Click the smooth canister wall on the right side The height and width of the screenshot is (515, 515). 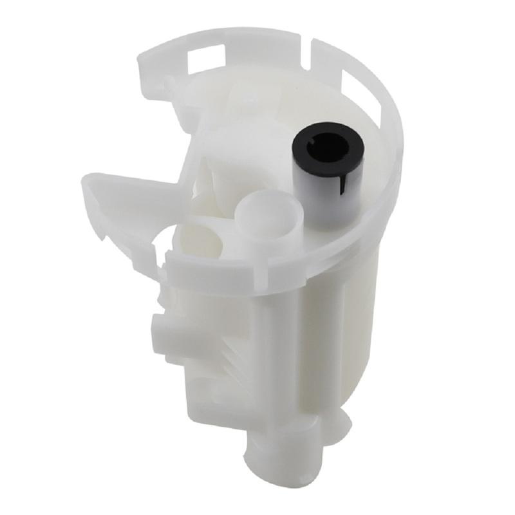tap(341, 335)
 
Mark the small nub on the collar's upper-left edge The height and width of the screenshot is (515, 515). tap(169, 82)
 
